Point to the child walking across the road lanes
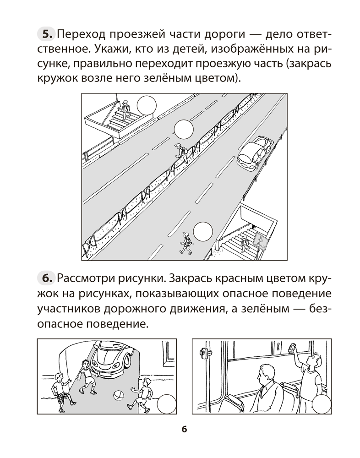click(x=186, y=243)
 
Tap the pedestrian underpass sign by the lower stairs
click(x=260, y=241)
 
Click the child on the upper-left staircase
click(x=125, y=108)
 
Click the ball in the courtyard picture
click(x=118, y=394)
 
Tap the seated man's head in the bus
click(x=264, y=374)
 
